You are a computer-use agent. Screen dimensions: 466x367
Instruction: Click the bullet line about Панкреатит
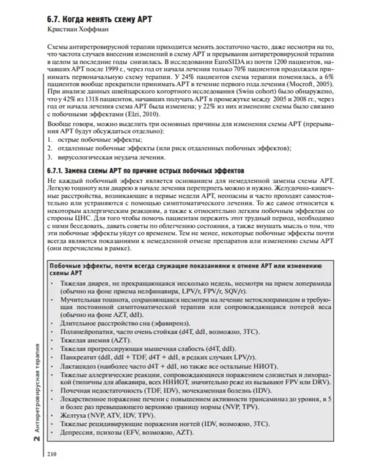(x=158, y=357)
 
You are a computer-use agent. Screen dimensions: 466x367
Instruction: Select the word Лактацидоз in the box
(x=77, y=366)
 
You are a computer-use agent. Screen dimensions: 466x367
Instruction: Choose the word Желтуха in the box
(x=71, y=415)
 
